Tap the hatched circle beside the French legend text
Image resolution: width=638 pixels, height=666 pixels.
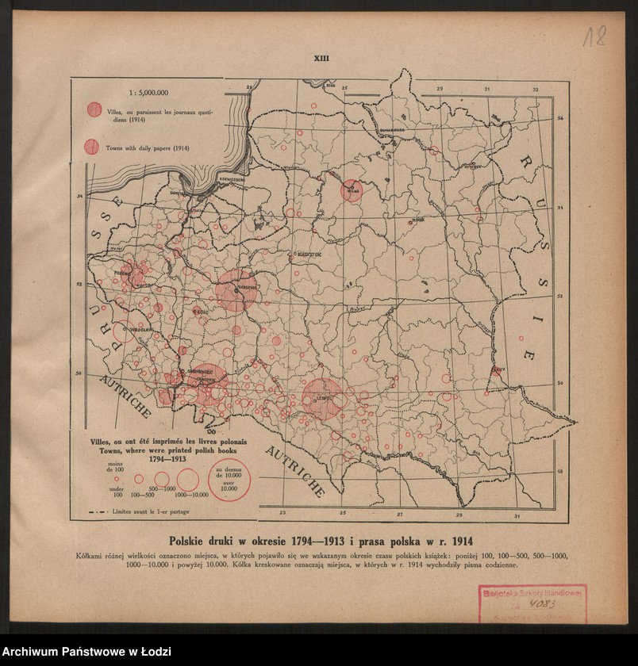click(x=94, y=109)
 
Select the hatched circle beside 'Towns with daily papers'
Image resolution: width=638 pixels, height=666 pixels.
click(x=92, y=147)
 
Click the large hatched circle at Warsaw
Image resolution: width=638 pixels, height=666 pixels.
click(x=236, y=290)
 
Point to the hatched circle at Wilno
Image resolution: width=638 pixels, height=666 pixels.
click(x=352, y=190)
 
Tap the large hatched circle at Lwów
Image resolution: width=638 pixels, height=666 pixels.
click(x=323, y=399)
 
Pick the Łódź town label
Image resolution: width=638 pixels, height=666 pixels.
click(x=202, y=312)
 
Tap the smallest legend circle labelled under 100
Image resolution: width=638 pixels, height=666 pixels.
click(x=117, y=478)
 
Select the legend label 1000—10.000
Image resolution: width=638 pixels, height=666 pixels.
click(x=191, y=494)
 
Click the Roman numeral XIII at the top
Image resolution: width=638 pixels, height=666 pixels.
click(x=321, y=58)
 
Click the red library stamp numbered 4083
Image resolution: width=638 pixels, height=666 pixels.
click(x=531, y=602)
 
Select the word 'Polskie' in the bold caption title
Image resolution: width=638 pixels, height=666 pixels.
click(x=195, y=541)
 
